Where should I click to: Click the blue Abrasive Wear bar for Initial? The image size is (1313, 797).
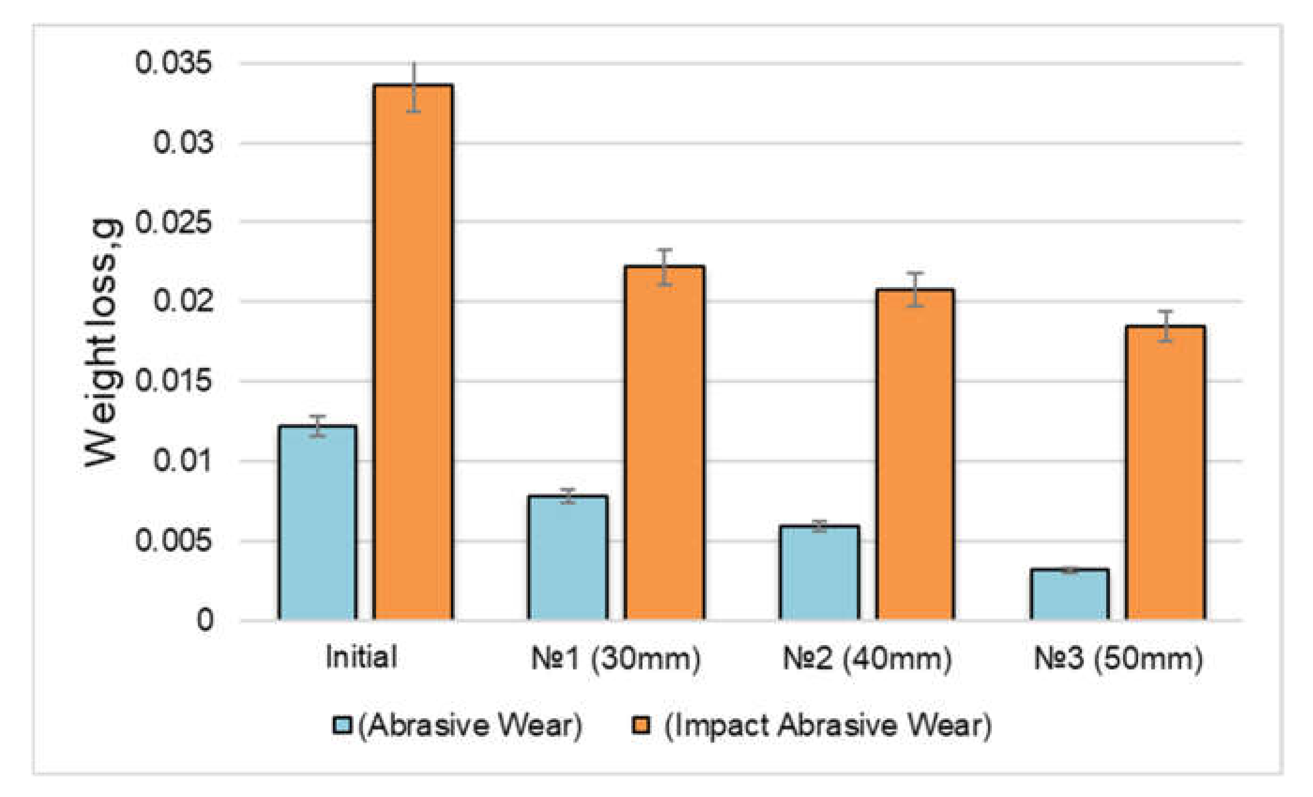(x=317, y=523)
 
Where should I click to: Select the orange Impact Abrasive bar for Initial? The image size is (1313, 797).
(x=413, y=352)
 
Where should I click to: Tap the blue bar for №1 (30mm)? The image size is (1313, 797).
(x=568, y=558)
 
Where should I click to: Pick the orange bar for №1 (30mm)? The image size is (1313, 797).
(x=664, y=442)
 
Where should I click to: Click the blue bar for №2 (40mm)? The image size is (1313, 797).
(x=819, y=573)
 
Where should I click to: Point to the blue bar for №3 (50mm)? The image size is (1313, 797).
(x=1070, y=594)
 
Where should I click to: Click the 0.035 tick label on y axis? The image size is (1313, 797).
(x=173, y=63)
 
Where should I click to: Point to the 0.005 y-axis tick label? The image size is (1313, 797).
(x=173, y=540)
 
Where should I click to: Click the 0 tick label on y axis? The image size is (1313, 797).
(x=205, y=620)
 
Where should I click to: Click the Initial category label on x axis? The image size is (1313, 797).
(x=361, y=657)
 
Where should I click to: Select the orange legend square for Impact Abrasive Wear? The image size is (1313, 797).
(x=641, y=725)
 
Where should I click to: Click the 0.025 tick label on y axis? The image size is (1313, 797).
(x=173, y=222)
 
